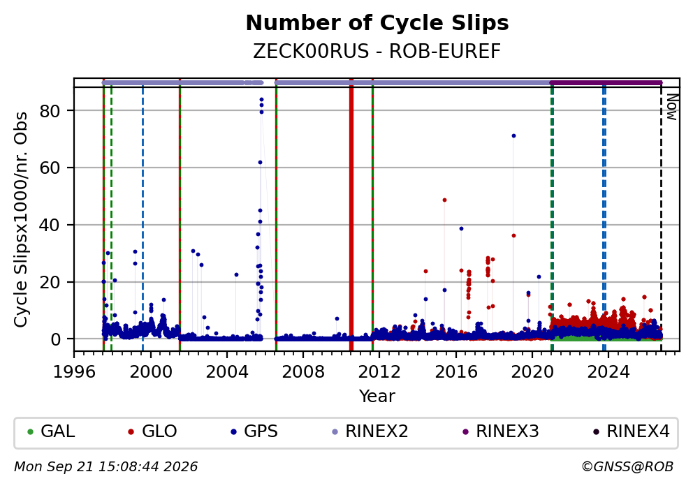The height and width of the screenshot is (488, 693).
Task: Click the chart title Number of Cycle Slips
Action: click(377, 23)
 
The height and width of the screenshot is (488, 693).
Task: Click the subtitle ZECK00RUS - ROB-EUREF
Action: click(377, 51)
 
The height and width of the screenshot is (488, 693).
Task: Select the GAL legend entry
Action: click(51, 431)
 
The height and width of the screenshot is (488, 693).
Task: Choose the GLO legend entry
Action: click(152, 431)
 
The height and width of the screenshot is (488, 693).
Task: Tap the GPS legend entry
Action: click(254, 431)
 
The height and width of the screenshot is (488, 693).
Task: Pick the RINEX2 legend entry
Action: click(370, 431)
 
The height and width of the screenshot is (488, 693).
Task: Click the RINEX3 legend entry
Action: click(501, 431)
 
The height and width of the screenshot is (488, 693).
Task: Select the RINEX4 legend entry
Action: click(632, 431)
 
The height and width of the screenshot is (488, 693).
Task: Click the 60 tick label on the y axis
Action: click(50, 168)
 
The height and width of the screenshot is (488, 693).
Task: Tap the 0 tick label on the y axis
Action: click(55, 339)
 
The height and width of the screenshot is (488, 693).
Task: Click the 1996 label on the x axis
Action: click(74, 372)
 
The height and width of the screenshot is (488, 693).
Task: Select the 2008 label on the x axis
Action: click(303, 372)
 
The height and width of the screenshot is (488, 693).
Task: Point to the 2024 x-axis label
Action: click(608, 372)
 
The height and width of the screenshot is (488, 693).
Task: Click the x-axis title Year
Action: click(377, 396)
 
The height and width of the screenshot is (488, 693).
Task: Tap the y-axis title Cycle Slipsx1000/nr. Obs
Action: click(21, 219)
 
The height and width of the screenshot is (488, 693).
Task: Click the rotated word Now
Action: click(672, 107)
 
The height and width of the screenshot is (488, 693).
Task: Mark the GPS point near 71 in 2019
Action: click(513, 135)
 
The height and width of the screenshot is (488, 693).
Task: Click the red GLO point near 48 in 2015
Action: click(444, 200)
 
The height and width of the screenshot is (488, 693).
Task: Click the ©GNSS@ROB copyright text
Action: click(627, 467)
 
